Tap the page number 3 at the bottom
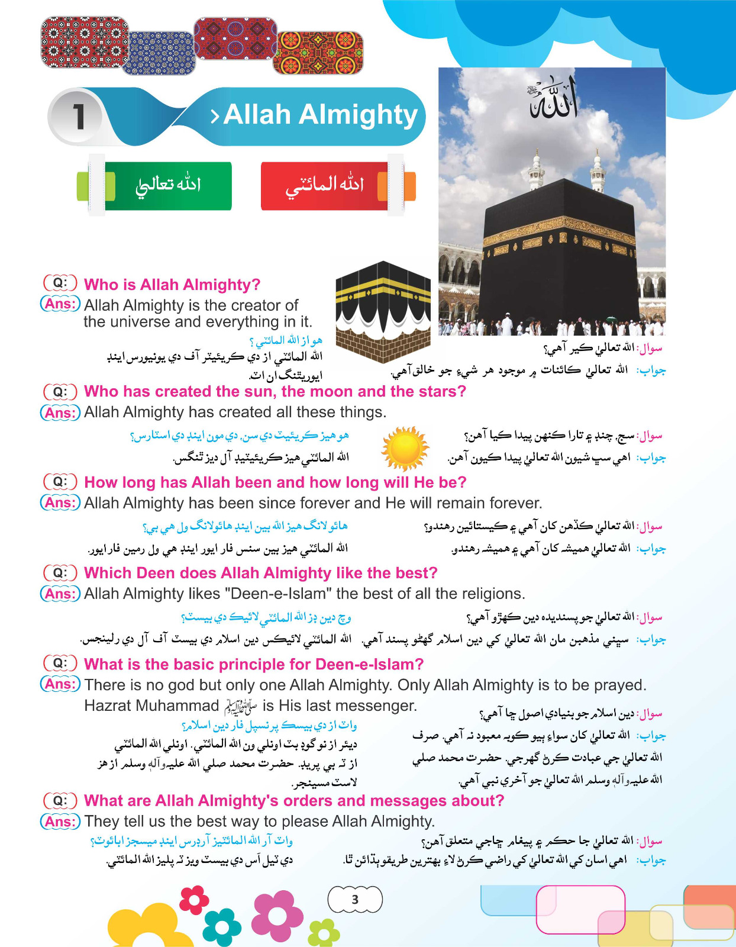click(x=355, y=900)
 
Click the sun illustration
click(x=405, y=448)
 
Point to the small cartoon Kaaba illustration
click(x=383, y=303)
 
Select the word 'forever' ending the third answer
click(x=512, y=503)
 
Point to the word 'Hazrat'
click(x=110, y=706)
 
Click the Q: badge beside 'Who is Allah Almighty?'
click(x=60, y=283)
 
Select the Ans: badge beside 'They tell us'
click(x=60, y=822)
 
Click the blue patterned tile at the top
click(x=159, y=53)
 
